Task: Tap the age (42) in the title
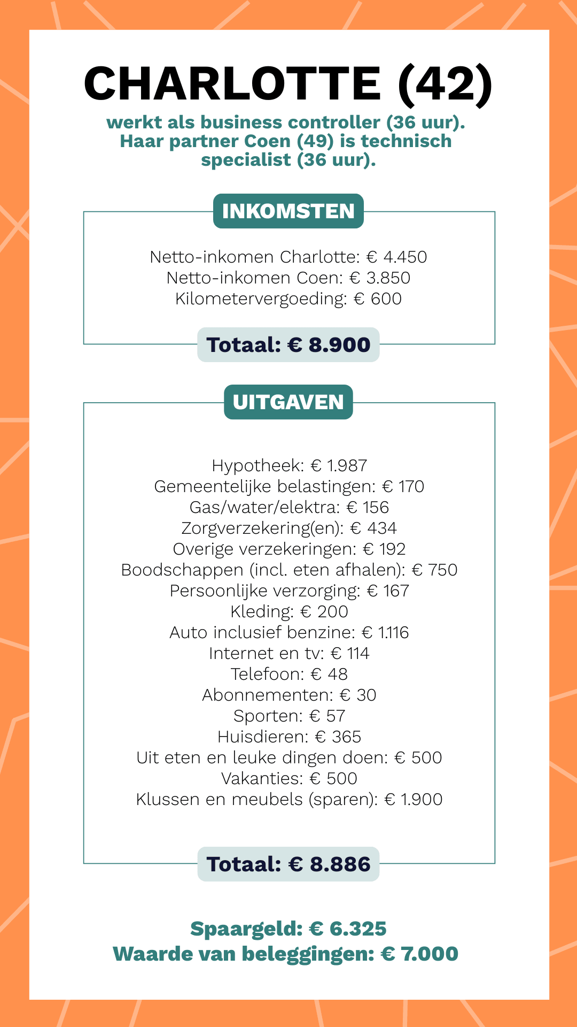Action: (445, 84)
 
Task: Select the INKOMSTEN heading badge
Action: (288, 211)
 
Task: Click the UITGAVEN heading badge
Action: (288, 402)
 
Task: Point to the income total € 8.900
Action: (329, 345)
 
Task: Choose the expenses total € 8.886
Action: (329, 864)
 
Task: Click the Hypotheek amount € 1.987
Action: (339, 465)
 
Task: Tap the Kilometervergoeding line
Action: (288, 298)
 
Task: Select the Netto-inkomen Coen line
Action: (288, 278)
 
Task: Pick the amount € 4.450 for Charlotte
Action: (396, 257)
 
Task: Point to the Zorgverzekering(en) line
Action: (288, 528)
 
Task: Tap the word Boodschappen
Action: (182, 570)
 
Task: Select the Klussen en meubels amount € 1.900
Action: (414, 799)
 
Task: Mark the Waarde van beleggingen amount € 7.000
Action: (419, 954)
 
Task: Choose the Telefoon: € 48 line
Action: (288, 674)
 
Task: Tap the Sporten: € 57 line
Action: (288, 716)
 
